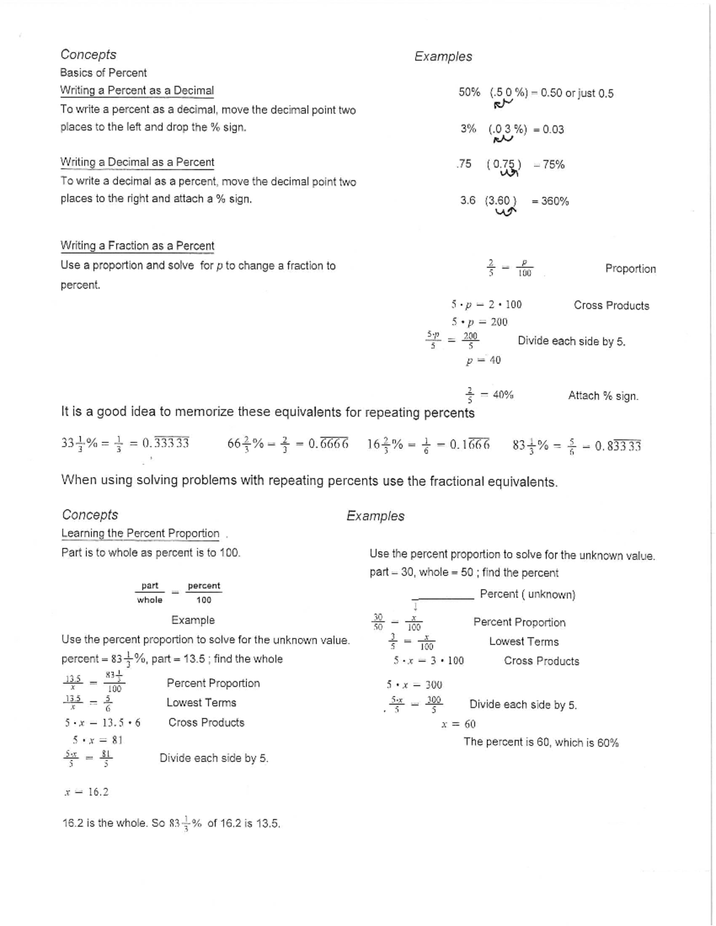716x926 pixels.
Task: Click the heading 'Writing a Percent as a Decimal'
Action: click(137, 91)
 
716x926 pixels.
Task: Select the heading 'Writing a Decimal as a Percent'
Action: click(137, 162)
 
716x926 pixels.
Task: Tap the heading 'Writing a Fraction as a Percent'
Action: click(137, 246)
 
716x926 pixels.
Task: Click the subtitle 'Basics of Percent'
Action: click(103, 73)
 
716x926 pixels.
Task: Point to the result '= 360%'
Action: click(550, 202)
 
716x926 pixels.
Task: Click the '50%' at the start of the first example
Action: click(469, 92)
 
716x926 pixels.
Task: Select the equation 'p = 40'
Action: click(483, 360)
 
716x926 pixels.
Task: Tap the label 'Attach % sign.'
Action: click(603, 396)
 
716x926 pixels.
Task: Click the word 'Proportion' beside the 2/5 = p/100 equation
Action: click(630, 269)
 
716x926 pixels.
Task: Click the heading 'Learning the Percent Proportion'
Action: click(140, 534)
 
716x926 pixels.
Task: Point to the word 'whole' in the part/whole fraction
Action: click(149, 600)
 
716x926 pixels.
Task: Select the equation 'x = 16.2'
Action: click(87, 792)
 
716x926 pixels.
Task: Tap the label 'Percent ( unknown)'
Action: click(527, 594)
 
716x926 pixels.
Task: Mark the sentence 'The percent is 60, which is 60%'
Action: click(541, 743)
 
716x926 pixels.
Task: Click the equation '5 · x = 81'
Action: click(97, 741)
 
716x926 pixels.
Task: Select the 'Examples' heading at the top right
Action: click(443, 57)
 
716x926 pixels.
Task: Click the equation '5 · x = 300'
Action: click(414, 685)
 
